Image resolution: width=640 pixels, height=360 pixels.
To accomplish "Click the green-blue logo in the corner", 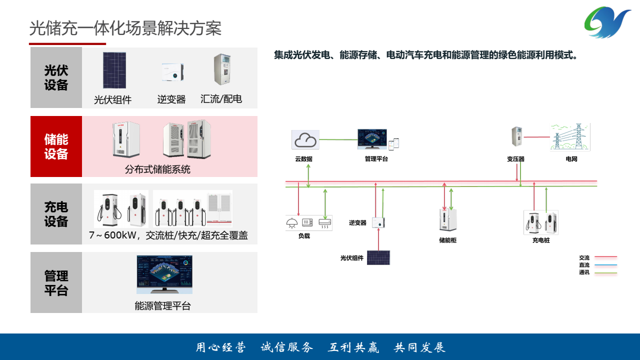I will pyautogui.click(x=607, y=22).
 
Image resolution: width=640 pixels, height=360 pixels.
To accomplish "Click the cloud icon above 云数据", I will pyautogui.click(x=305, y=140).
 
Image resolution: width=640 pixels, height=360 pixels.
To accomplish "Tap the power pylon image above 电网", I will pyautogui.click(x=570, y=137).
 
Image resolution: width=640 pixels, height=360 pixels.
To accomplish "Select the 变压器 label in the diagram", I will pyautogui.click(x=515, y=159).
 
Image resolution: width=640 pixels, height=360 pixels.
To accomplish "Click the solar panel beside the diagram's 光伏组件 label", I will pyautogui.click(x=378, y=257).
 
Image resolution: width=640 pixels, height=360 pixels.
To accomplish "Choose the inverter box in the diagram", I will pyautogui.click(x=378, y=222).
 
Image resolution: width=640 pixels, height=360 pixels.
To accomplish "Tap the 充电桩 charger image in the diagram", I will pyautogui.click(x=541, y=222).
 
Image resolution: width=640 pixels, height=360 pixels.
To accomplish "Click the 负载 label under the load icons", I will pyautogui.click(x=304, y=236).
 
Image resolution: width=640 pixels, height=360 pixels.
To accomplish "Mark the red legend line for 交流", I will pyautogui.click(x=605, y=258).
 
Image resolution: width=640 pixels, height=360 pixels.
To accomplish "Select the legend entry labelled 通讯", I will pyautogui.click(x=584, y=272).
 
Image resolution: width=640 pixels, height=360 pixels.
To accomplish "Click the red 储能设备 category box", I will pyautogui.click(x=56, y=146).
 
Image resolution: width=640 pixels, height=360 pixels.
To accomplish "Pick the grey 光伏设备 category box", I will pyautogui.click(x=56, y=77).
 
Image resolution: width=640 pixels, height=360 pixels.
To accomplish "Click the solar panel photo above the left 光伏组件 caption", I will pyautogui.click(x=114, y=70).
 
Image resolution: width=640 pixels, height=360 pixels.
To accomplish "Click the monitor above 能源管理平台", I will pyautogui.click(x=164, y=274).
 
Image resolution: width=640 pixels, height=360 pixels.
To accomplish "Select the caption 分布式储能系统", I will pyautogui.click(x=157, y=169).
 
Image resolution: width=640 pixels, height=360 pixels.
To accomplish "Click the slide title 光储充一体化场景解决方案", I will pyautogui.click(x=125, y=28).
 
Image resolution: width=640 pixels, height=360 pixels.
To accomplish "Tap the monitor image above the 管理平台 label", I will pyautogui.click(x=372, y=139).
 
